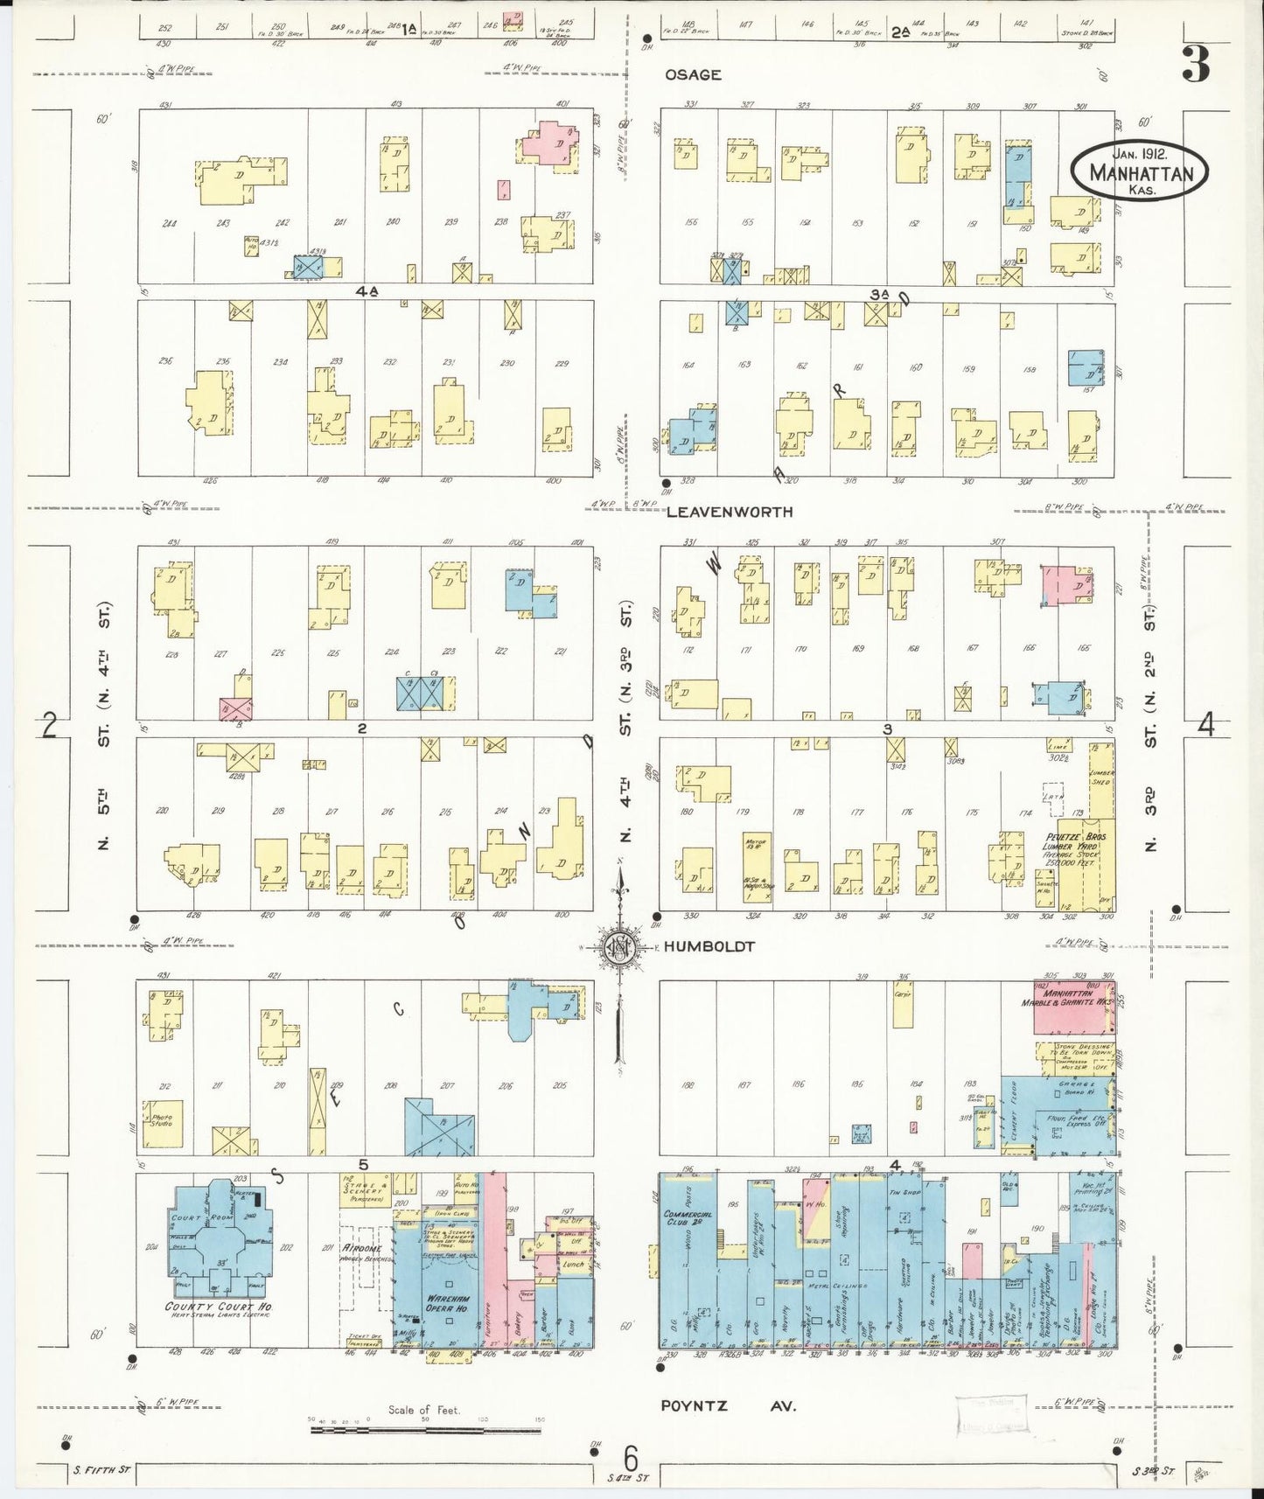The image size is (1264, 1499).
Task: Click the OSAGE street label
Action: (x=693, y=75)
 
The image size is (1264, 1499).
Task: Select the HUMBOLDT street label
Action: (x=709, y=946)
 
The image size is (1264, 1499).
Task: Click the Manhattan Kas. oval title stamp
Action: (x=1141, y=172)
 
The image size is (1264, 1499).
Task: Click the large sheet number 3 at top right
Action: (x=1196, y=63)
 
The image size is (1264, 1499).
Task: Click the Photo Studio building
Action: (x=163, y=1123)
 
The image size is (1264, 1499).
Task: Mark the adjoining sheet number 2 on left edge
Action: (x=50, y=725)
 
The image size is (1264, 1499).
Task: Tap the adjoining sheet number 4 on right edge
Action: (x=1206, y=725)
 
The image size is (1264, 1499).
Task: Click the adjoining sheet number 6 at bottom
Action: (x=630, y=1459)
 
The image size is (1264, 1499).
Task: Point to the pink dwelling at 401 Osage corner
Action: (x=549, y=143)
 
